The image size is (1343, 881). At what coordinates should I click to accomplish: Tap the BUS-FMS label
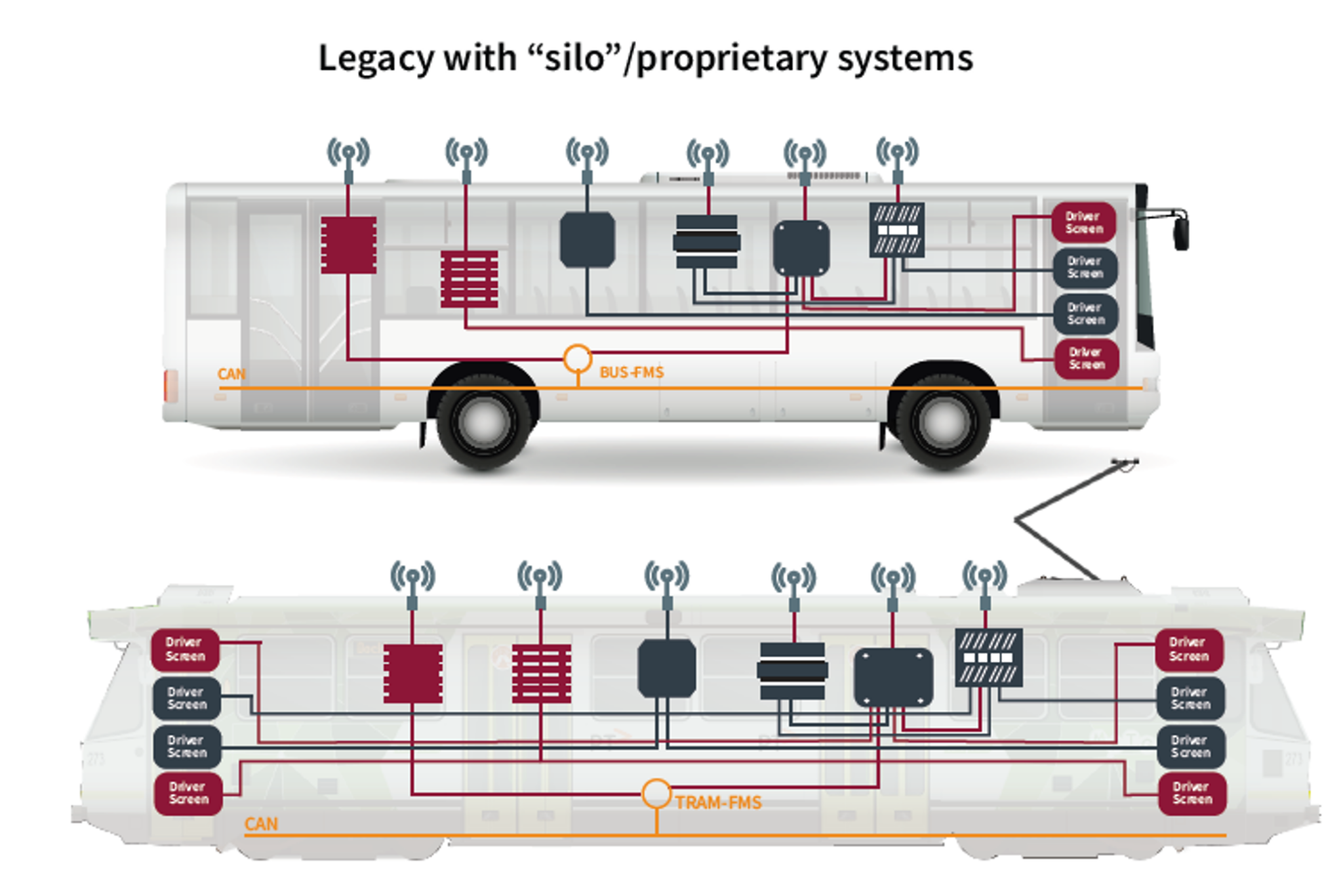[631, 373]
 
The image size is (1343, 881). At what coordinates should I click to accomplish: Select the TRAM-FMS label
[718, 803]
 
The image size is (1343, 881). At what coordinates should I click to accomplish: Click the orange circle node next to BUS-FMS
[577, 358]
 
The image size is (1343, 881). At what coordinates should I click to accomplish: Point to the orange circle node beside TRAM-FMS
[656, 793]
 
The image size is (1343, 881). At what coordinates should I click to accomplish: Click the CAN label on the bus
[231, 375]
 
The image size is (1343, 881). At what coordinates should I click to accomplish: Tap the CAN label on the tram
[260, 824]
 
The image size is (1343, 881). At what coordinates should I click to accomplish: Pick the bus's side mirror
[1180, 232]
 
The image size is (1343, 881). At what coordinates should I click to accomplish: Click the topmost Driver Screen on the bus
[1083, 222]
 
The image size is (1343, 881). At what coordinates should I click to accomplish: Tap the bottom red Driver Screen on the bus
[1086, 359]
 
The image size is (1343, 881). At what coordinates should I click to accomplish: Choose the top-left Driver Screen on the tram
[185, 649]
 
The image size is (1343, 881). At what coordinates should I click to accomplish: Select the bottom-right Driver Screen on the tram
[1192, 793]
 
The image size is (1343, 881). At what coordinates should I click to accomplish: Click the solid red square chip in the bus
[348, 245]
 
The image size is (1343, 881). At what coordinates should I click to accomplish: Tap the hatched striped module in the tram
[988, 657]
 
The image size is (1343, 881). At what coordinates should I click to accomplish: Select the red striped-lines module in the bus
[469, 279]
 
